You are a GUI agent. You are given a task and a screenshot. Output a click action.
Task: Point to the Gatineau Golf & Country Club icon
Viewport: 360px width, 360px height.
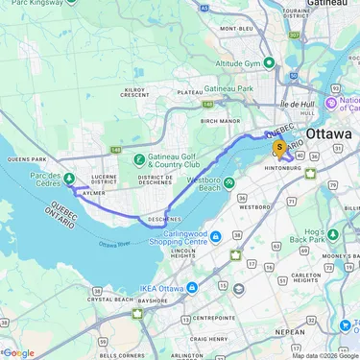[x=139, y=159]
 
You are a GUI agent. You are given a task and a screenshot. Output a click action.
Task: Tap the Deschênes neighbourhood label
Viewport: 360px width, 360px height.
[x=164, y=219]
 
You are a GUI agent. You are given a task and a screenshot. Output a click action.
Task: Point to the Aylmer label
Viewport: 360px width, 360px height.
[x=93, y=193]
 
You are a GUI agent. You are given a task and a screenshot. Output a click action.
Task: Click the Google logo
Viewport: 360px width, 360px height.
[x=19, y=352]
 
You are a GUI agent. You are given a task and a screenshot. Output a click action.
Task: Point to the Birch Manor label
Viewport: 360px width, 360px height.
[x=220, y=122]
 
